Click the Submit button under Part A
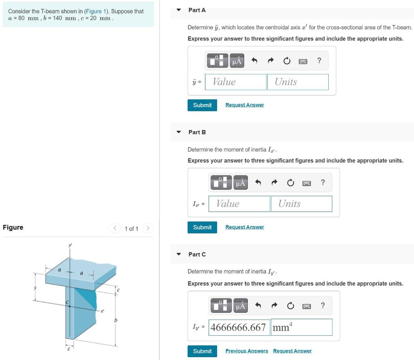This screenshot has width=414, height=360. tap(202, 105)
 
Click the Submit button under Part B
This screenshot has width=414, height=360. tap(202, 227)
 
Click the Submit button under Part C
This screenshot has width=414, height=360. tap(202, 351)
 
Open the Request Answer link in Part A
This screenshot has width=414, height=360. tap(245, 105)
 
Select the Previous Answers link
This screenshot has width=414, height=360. tap(247, 351)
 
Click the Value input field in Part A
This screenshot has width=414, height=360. tap(236, 82)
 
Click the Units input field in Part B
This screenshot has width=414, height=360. tap(301, 203)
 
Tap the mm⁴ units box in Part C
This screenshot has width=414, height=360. tap(302, 327)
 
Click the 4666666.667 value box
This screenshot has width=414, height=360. tap(239, 327)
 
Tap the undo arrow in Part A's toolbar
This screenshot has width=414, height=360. tap(254, 61)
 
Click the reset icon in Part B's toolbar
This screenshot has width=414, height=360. tap(290, 182)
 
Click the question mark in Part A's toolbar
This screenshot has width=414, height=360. tap(319, 61)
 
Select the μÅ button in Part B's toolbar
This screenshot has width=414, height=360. tap(241, 182)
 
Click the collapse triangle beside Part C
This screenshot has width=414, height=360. tap(179, 254)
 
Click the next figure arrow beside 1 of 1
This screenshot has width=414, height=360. tap(148, 228)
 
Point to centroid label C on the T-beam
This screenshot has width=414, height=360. tap(68, 302)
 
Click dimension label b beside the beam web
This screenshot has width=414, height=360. tap(116, 320)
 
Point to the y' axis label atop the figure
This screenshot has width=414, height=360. tap(70, 245)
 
